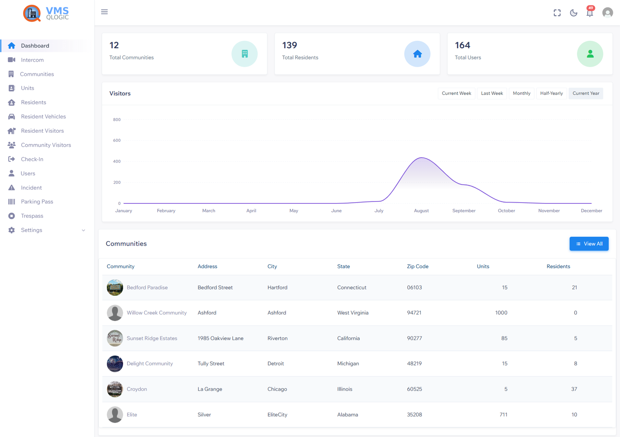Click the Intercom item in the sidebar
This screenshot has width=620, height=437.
[x=32, y=60]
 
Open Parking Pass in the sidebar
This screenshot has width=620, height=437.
[x=37, y=201]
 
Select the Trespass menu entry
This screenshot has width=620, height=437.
[x=32, y=216]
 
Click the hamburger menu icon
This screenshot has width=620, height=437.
[x=104, y=12]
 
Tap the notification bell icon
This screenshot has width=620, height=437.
[x=589, y=13]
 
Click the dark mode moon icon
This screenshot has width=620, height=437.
[x=573, y=13]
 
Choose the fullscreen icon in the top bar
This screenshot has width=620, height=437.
[x=557, y=13]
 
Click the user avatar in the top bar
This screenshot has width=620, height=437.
[x=607, y=13]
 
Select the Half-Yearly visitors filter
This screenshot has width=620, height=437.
[x=551, y=94]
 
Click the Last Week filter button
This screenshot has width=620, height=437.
[x=492, y=94]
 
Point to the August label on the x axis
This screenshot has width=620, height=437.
[x=421, y=211]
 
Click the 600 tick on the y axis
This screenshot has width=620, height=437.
[x=117, y=140]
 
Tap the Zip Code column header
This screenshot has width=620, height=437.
[x=417, y=266]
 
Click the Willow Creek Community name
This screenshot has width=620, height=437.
[x=157, y=313]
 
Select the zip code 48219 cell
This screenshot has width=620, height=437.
[x=414, y=364]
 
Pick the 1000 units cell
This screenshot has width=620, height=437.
[x=501, y=313]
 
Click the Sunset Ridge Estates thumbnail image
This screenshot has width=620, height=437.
[x=115, y=338]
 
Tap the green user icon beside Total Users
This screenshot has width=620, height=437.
[x=589, y=54]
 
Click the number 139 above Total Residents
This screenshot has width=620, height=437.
[x=289, y=45]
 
